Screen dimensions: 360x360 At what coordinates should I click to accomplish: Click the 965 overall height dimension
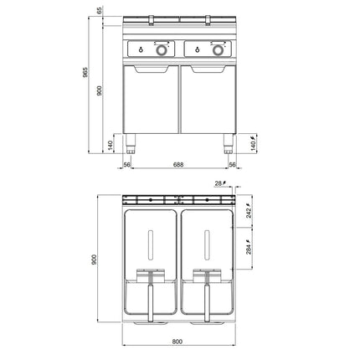85,73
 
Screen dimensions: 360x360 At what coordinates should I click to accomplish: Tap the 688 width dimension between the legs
178,165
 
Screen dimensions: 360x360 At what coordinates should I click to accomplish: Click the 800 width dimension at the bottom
177,342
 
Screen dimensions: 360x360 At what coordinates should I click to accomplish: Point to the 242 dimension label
249,212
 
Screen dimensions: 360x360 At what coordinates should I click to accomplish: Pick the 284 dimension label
249,248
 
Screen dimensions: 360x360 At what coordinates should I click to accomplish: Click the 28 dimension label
220,183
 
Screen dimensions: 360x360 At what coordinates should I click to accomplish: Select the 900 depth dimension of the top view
94,260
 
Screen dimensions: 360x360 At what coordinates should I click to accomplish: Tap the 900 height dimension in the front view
100,91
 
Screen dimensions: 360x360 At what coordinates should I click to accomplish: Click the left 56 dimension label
127,165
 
